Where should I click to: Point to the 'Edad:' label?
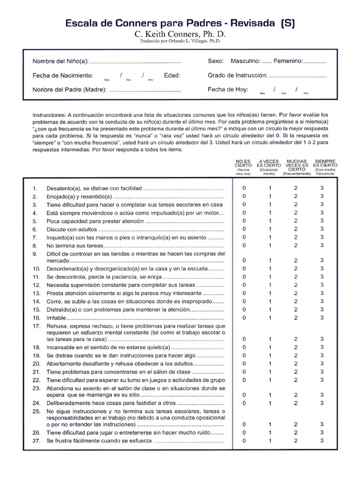tap(172, 75)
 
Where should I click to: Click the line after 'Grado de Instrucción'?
tap(298, 76)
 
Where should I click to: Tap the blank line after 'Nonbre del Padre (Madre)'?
tap(145, 90)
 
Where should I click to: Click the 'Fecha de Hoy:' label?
tap(228, 89)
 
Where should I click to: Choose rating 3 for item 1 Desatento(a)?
tap(322, 188)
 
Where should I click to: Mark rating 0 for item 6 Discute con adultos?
tap(244, 229)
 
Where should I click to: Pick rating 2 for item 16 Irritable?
tap(296, 317)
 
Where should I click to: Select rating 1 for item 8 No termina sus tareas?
tap(270, 245)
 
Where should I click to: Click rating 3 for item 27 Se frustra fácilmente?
tap(322, 441)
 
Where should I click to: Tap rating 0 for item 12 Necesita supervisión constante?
tap(244, 285)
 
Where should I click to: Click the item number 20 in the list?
tap(36, 364)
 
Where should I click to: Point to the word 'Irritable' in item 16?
tap(57, 318)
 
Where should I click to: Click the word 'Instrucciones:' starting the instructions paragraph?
tap(49, 115)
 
